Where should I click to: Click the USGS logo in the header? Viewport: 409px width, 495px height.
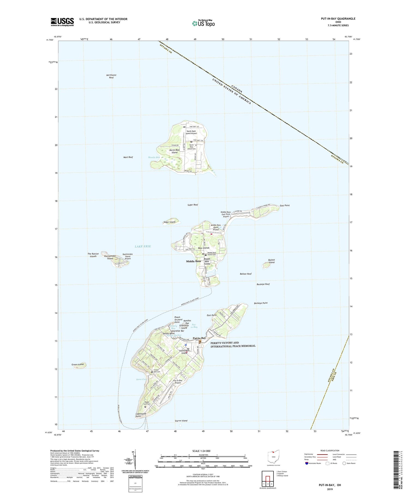pyautogui.click(x=62, y=22)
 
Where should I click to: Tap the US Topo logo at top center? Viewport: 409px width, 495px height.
pyautogui.click(x=203, y=23)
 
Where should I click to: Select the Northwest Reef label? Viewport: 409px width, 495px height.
pyautogui.click(x=111, y=76)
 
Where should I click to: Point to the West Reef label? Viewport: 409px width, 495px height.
pyautogui.click(x=128, y=157)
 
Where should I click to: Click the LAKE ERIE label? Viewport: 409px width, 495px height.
pyautogui.click(x=143, y=246)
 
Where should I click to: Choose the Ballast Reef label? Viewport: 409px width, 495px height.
pyautogui.click(x=246, y=274)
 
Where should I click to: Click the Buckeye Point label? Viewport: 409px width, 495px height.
pyautogui.click(x=261, y=303)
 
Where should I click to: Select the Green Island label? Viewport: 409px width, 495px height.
pyautogui.click(x=77, y=364)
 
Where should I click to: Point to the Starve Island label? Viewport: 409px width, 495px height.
pyautogui.click(x=181, y=421)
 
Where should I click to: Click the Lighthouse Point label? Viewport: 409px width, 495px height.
pyautogui.click(x=141, y=415)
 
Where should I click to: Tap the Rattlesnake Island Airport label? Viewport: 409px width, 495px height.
pyautogui.click(x=128, y=256)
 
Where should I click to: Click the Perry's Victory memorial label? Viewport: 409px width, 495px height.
pyautogui.click(x=233, y=344)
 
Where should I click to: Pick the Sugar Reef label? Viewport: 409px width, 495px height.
pyautogui.click(x=193, y=205)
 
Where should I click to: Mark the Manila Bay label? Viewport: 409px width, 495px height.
pyautogui.click(x=154, y=157)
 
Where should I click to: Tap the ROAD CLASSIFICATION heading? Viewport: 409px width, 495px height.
pyautogui.click(x=330, y=450)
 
